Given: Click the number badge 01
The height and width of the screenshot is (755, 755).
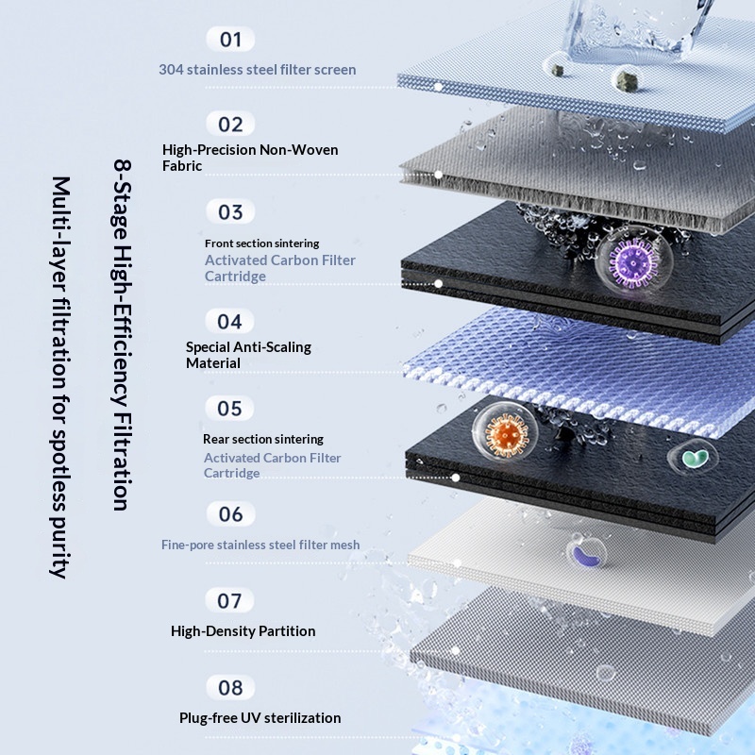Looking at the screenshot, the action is coord(230,39).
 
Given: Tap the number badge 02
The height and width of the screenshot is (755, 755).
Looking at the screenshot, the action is coord(230,125).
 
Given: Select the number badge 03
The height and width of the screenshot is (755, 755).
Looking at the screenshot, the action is coord(230,211).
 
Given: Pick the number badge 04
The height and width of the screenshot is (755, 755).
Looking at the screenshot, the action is coord(229,321).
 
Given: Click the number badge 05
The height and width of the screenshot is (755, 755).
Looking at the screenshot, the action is coord(229,409).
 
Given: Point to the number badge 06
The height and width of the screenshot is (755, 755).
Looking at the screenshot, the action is coord(230,513).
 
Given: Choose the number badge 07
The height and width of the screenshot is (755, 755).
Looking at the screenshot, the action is coord(229,600).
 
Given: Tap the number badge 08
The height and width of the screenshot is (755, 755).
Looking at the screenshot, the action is coord(230,688).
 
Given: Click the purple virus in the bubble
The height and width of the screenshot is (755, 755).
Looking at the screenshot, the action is coord(632,262).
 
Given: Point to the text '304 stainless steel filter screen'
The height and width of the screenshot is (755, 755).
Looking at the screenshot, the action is coord(258,69).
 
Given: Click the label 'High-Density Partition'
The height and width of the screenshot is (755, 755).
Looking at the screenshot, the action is coord(243,630).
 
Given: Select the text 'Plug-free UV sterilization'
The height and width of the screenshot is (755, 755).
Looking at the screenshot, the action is coord(260,717).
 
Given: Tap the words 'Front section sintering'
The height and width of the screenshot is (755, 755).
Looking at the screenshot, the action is coord(262,243).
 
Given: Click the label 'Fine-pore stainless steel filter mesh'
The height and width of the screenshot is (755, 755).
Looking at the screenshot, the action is coord(260,545).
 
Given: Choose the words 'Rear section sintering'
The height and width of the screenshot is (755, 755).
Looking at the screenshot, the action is coord(263,439).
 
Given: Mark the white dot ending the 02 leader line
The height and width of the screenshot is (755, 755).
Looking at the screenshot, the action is coord(438,175).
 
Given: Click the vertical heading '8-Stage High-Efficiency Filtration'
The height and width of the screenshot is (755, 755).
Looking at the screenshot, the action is coord(123,335).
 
